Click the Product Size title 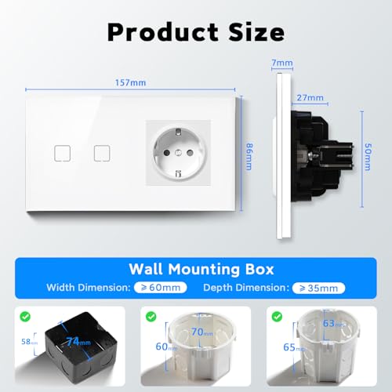[195, 31]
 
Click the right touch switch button [100, 152]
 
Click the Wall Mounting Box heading [196, 269]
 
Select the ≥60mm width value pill [162, 289]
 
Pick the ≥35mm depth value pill [318, 289]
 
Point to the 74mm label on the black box [79, 343]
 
